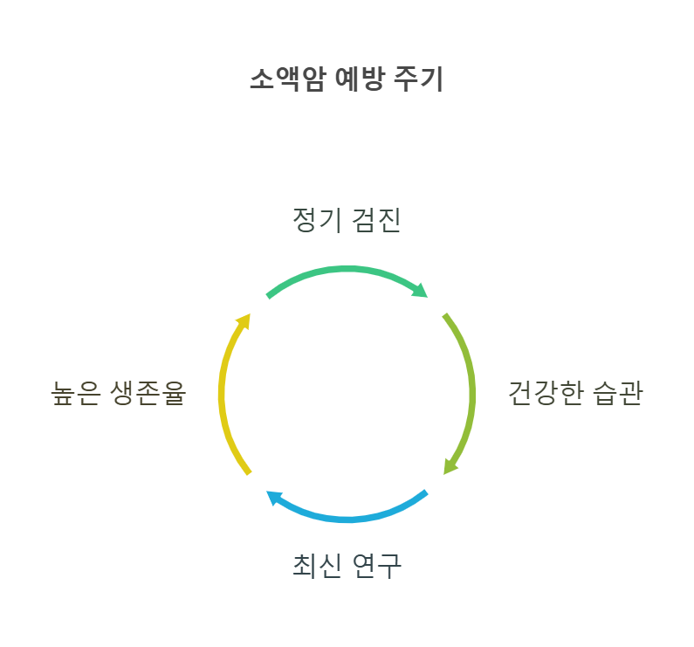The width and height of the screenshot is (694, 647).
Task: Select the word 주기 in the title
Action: [425, 80]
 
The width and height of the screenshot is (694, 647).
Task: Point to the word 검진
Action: [376, 221]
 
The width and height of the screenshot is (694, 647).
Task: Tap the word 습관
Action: [617, 394]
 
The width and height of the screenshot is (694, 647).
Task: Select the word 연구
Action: [376, 566]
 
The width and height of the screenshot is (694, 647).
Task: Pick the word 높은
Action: [76, 394]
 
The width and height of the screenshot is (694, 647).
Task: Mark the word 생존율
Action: [149, 394]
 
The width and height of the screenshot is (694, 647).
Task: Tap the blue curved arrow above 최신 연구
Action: [349, 517]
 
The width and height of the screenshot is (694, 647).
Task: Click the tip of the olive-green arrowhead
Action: [443, 477]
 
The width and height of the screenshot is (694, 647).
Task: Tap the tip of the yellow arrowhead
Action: [251, 310]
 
